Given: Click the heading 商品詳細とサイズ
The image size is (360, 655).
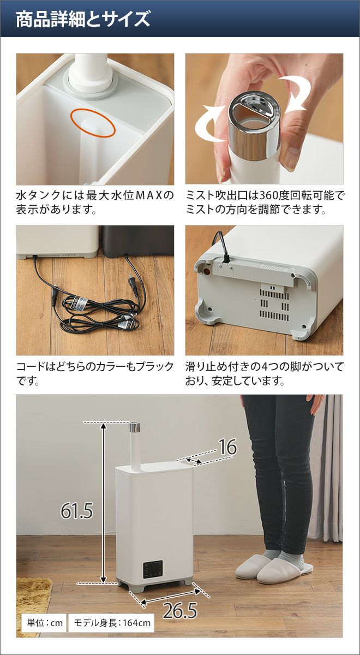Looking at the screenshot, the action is point(83,19).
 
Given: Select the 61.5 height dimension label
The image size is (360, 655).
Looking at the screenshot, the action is point(76,511).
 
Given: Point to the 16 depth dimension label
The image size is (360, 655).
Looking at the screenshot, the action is point(227,447).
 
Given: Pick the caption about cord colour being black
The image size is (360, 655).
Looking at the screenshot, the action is point(95,373).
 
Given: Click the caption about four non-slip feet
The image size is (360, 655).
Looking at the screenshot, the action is point(264,373).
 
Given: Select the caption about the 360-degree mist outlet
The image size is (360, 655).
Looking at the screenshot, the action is point(264,203).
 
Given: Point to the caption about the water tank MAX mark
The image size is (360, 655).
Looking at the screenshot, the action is point(95,203).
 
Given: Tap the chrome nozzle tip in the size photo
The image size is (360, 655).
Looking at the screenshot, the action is point(135,427).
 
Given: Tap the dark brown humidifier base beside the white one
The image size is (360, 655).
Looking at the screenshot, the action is point(138,241).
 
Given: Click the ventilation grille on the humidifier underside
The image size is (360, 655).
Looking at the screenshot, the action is point(274,305).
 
